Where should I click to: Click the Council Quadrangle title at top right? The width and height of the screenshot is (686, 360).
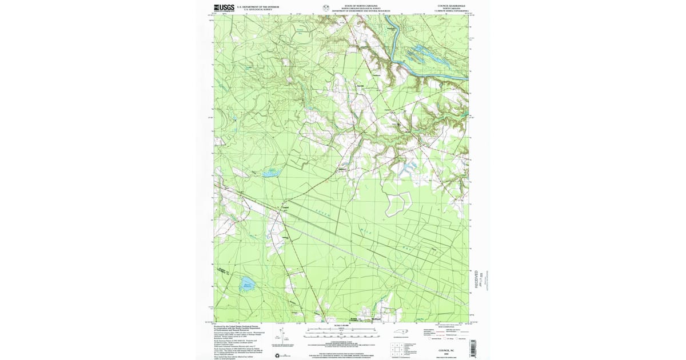click(452, 6)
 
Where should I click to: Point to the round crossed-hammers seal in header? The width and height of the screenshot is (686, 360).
click(326, 8)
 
